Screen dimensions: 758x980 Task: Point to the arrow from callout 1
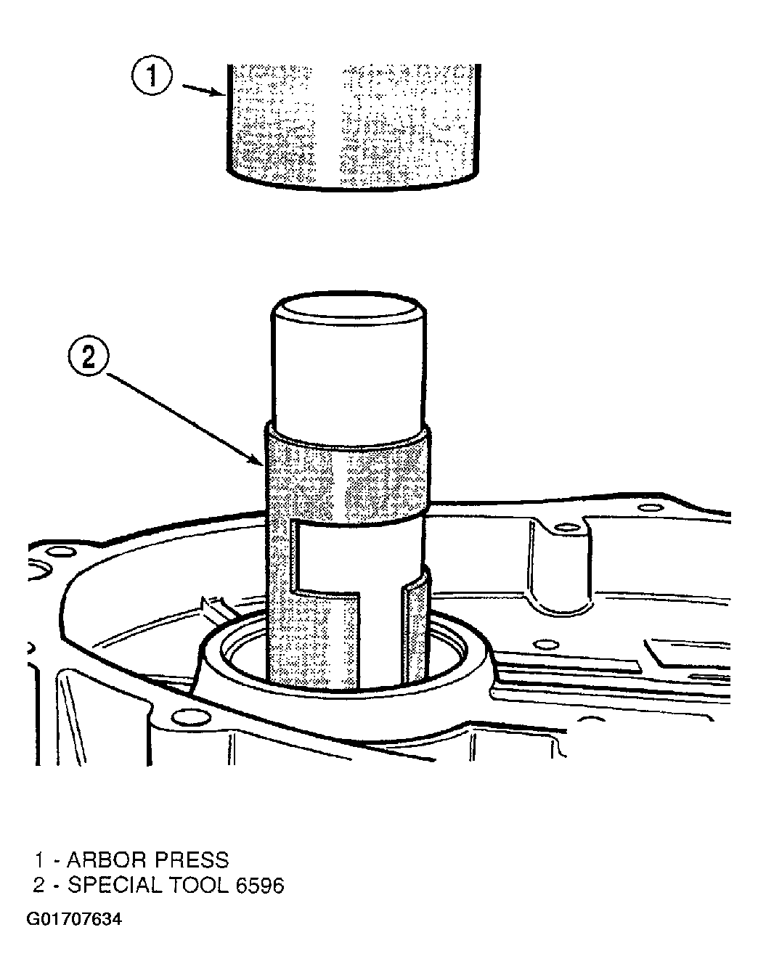pyautogui.click(x=203, y=89)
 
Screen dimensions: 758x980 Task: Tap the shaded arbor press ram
pyautogui.click(x=352, y=126)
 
